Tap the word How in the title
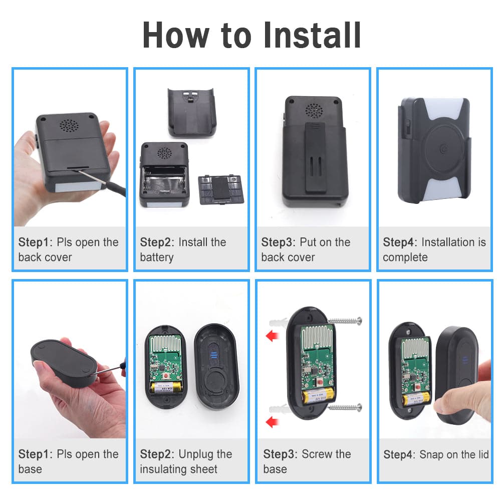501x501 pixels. (x=176, y=35)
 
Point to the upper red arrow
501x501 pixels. (x=273, y=336)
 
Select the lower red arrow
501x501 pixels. (x=273, y=421)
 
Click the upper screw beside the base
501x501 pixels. (x=345, y=321)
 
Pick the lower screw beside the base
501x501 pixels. (x=345, y=407)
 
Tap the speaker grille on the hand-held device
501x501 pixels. (x=69, y=126)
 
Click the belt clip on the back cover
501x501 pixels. (x=315, y=157)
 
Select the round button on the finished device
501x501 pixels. (x=443, y=148)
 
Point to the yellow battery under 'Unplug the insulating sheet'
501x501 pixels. (x=166, y=388)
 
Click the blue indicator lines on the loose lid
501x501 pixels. (x=214, y=355)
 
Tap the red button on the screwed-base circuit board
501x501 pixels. (x=320, y=381)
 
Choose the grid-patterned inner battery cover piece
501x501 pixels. (x=221, y=189)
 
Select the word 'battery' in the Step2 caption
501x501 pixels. (x=156, y=257)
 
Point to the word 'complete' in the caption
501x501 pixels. (x=405, y=257)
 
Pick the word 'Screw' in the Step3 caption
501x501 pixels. (x=317, y=454)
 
